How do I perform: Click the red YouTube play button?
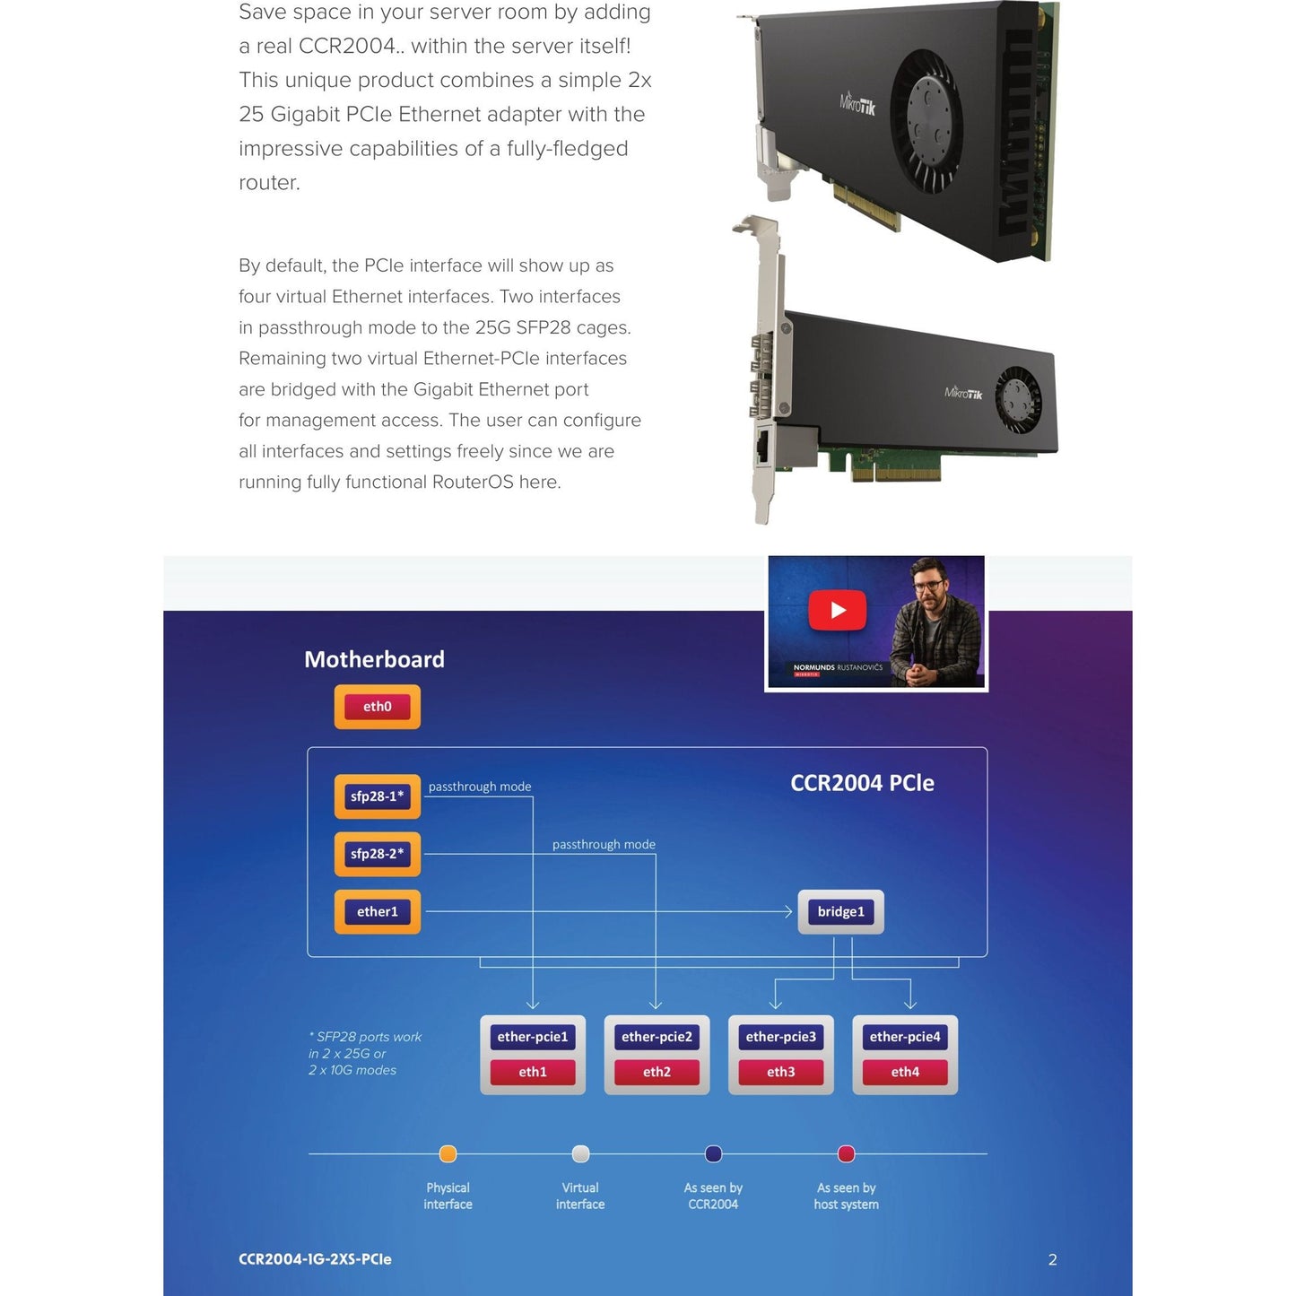[838, 611]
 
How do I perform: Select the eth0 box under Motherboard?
[377, 707]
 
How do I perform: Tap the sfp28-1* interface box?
[377, 796]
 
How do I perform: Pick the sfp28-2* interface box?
[377, 854]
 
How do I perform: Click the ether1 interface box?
[377, 912]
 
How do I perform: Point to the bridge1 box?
[840, 912]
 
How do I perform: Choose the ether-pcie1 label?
[533, 1037]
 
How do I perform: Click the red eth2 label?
[657, 1072]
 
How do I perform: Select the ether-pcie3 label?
[781, 1037]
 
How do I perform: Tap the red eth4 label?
[905, 1072]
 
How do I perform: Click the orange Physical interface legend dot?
[448, 1153]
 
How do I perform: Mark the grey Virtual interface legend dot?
[580, 1153]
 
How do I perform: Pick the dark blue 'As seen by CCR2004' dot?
[714, 1153]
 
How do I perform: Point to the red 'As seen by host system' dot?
[846, 1153]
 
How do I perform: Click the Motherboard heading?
[374, 660]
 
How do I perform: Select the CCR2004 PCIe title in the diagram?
[862, 783]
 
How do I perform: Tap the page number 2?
[1052, 1260]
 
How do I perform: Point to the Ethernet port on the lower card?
[763, 446]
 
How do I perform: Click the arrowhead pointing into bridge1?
[788, 912]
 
